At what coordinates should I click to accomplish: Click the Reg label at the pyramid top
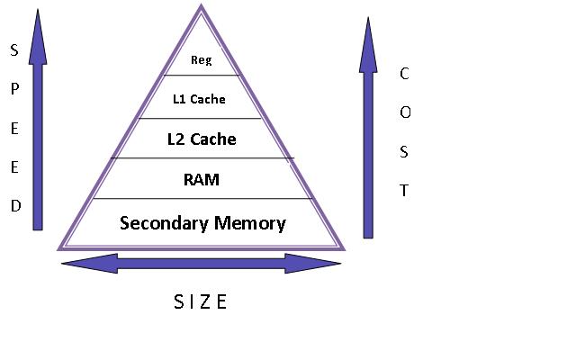point(201,61)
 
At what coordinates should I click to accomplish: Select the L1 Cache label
point(198,99)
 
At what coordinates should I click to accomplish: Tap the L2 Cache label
point(202,139)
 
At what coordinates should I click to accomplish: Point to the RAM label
point(201,180)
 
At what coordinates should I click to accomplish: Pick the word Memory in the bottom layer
point(249,223)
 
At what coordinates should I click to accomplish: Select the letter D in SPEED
point(14,206)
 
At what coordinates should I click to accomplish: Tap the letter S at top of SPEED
point(14,51)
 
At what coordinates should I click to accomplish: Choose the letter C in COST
point(404,74)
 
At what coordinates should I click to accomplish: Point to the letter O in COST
point(404,112)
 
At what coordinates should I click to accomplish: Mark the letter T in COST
point(404,191)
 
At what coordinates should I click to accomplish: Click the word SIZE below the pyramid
point(200,302)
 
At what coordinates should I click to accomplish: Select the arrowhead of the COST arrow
point(368,43)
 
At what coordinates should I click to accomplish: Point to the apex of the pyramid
point(201,7)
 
